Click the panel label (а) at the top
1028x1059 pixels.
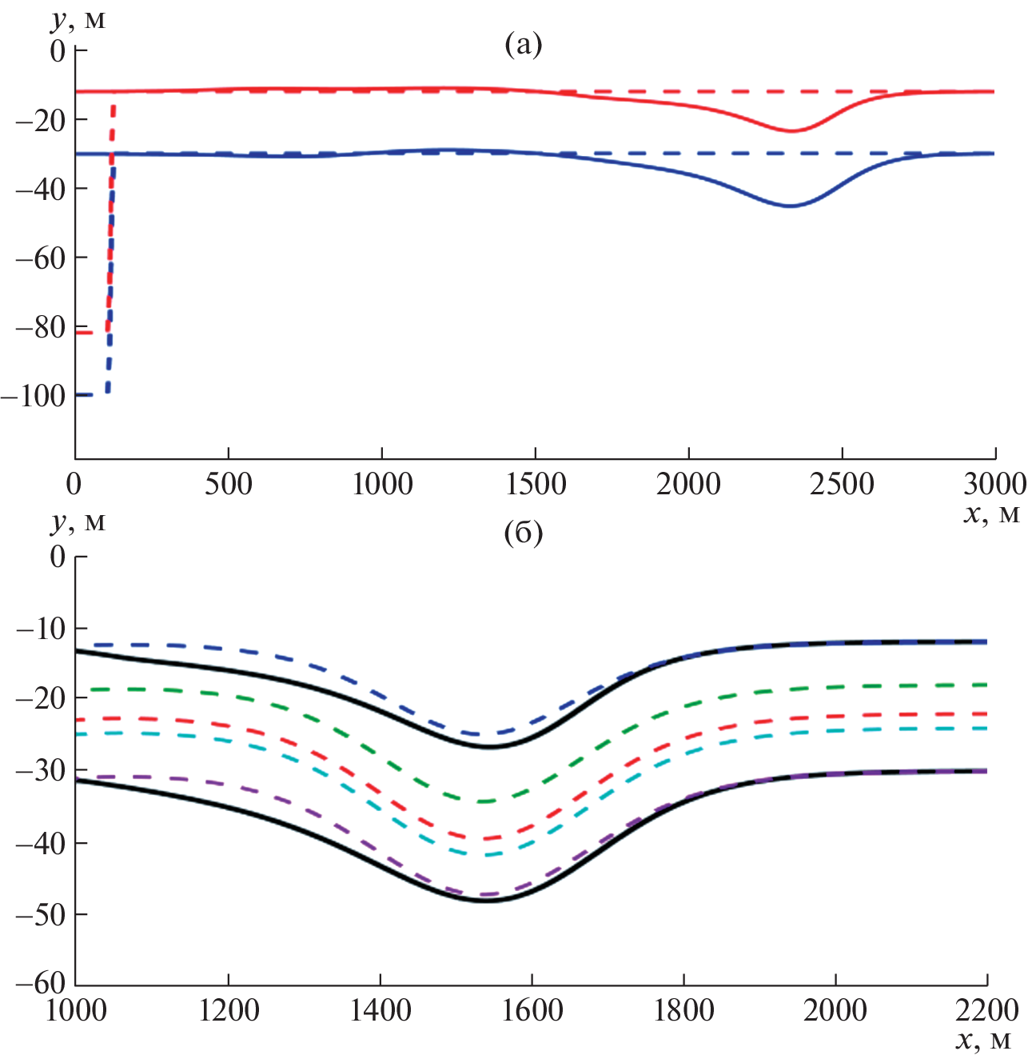pyautogui.click(x=524, y=45)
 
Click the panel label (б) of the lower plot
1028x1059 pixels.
pyautogui.click(x=524, y=533)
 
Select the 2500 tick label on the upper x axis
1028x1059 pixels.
pyautogui.click(x=842, y=484)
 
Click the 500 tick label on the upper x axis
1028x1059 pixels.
pyautogui.click(x=229, y=484)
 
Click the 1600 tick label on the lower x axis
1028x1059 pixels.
pyautogui.click(x=532, y=1010)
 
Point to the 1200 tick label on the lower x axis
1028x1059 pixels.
pyautogui.click(x=229, y=1010)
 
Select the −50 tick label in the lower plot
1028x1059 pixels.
pyautogui.click(x=41, y=914)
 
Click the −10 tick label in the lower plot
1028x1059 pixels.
pyautogui.click(x=41, y=629)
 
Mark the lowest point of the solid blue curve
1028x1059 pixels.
pyautogui.click(x=790, y=206)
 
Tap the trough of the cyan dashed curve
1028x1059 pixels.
pyautogui.click(x=485, y=855)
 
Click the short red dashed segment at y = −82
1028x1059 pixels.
pyautogui.click(x=85, y=332)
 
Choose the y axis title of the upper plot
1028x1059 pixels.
pyautogui.click(x=78, y=19)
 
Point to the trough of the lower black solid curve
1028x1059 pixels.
pyautogui.click(x=485, y=901)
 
